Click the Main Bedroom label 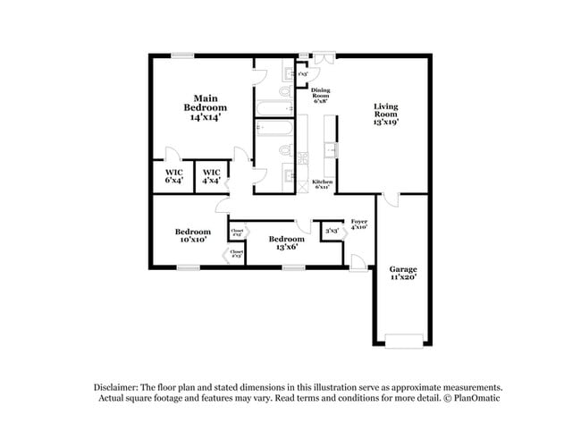(205, 106)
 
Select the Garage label (402, 274)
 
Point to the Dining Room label (322, 96)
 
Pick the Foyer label (358, 224)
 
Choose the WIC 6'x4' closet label (173, 176)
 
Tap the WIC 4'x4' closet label (211, 176)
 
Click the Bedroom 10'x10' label (193, 235)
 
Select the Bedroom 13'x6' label (287, 242)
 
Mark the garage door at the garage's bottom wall (403, 340)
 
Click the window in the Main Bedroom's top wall (183, 55)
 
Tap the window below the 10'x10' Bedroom (187, 266)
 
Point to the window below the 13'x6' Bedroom (293, 266)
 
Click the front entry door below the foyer (357, 262)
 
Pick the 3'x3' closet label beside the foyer (331, 232)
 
